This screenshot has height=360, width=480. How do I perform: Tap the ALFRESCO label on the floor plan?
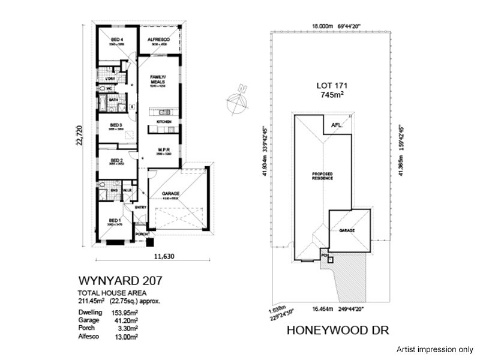[159, 40]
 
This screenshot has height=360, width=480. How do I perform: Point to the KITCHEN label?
[164, 122]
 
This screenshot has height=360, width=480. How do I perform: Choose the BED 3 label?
[116, 125]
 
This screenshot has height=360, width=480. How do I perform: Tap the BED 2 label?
[116, 160]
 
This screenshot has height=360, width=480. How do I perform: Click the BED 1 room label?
[114, 220]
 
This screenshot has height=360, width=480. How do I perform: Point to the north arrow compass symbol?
[239, 99]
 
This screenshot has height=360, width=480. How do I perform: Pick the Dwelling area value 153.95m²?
[123, 313]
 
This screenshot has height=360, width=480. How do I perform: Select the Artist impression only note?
[435, 349]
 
